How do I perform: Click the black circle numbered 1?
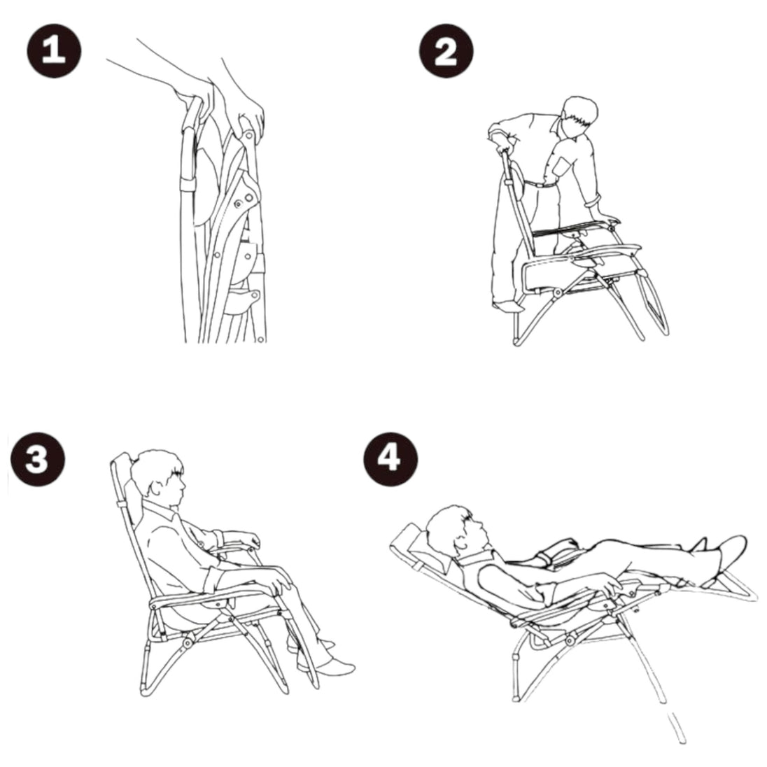coord(54,51)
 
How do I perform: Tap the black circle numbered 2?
coord(446,51)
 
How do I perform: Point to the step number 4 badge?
coord(390,459)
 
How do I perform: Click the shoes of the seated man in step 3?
coord(323,657)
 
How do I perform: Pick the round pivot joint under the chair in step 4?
coord(570,640)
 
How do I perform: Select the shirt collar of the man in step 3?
coord(159,509)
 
